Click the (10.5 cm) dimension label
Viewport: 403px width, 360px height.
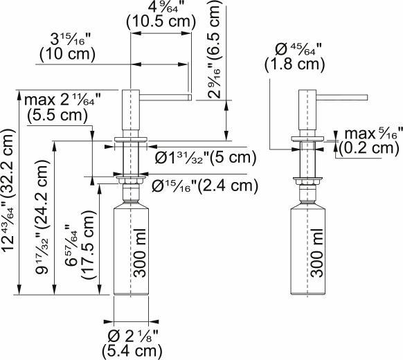click(159, 22)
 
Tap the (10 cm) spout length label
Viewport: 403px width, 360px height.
click(68, 53)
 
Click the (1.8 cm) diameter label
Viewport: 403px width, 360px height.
click(294, 65)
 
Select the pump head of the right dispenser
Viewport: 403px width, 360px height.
click(305, 111)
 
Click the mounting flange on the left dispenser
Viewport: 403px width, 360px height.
click(130, 143)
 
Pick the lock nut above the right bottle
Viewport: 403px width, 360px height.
click(305, 182)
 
